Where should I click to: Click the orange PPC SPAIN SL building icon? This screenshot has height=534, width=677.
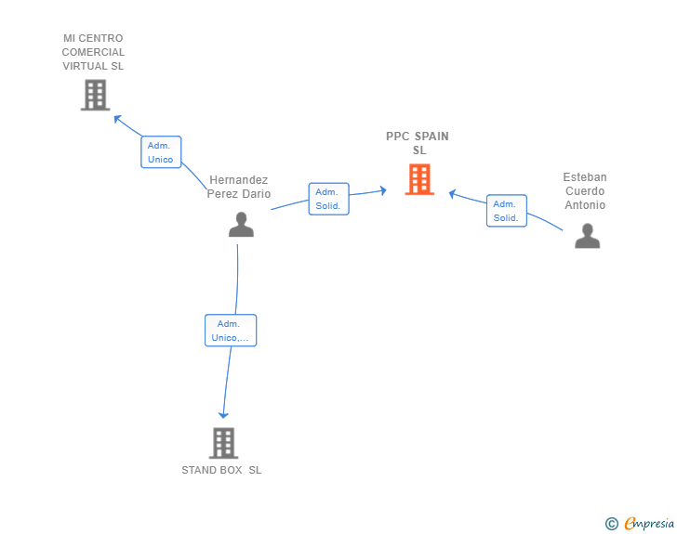(419, 179)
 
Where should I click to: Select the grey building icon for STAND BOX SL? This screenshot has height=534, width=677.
(223, 443)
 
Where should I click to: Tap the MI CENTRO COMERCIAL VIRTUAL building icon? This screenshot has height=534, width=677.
(95, 95)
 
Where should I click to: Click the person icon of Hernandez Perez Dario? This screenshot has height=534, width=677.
(241, 225)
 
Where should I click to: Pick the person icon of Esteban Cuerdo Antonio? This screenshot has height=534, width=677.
(587, 236)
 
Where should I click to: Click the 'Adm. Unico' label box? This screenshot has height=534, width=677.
(161, 152)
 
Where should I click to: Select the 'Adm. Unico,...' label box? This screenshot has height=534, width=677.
(230, 331)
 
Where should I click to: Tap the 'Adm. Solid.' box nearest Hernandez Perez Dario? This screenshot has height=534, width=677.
(328, 199)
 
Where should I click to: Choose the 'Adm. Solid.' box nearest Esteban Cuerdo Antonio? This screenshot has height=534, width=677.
(506, 211)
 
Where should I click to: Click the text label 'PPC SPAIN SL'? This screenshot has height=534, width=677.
(418, 143)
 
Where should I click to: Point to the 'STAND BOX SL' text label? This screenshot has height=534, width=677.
(221, 470)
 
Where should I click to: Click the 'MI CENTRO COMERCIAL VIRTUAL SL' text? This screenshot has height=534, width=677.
(93, 52)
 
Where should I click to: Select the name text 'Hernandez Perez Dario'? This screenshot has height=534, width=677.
(239, 187)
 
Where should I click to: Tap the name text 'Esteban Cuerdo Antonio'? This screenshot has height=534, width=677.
(585, 191)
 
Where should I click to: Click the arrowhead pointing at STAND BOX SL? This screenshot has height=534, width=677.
(222, 414)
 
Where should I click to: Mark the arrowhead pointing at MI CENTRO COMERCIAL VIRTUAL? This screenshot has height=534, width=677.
(117, 118)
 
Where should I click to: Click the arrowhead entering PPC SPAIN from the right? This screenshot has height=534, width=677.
(452, 193)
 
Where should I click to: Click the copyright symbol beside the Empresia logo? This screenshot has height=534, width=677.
(611, 524)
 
